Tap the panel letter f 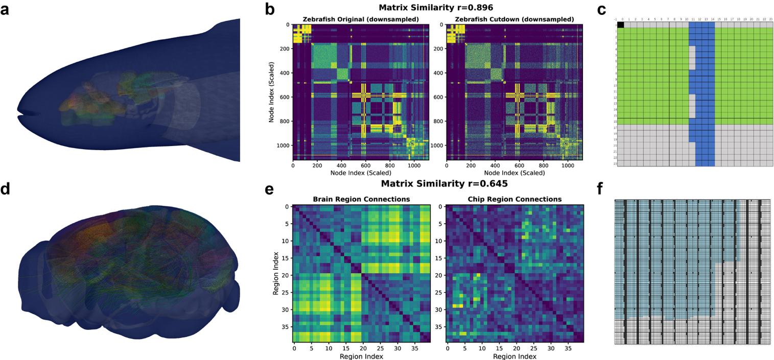(601, 190)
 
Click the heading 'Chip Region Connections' (514, 199)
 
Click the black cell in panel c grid (621, 25)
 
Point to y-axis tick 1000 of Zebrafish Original (283, 146)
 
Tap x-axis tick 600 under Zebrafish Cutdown (520, 165)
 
